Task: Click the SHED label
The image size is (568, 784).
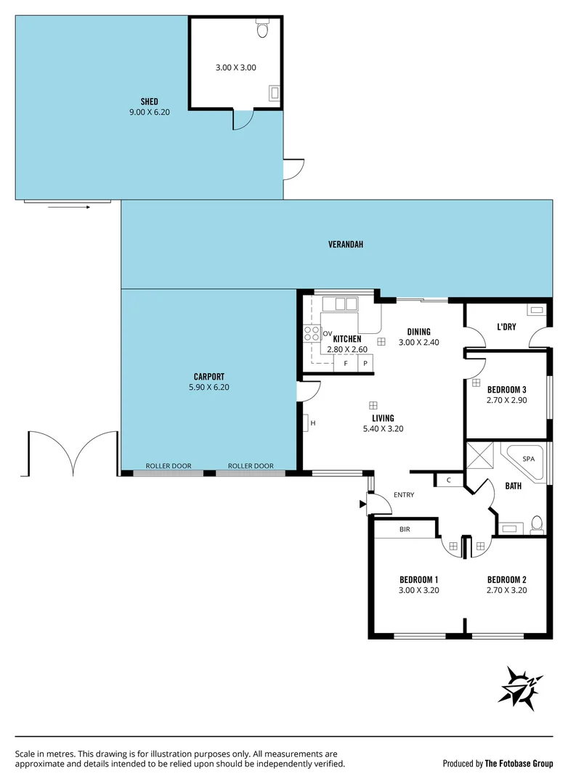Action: click(149, 102)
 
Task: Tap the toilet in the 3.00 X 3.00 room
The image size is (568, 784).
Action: click(263, 30)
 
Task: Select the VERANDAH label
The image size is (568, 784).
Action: click(345, 245)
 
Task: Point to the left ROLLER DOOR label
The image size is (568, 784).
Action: click(169, 466)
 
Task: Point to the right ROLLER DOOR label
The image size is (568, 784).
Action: click(251, 466)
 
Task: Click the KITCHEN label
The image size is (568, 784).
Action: click(346, 339)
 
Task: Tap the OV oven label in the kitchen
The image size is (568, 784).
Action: click(327, 333)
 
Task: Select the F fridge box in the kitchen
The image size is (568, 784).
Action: click(346, 362)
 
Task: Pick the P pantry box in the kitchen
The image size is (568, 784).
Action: click(365, 362)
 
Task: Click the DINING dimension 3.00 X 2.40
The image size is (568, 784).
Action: click(418, 343)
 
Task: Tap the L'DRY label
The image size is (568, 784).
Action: click(506, 327)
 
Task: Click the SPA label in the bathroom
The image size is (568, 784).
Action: click(528, 460)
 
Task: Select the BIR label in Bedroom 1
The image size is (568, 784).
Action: click(405, 530)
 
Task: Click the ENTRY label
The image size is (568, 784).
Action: click(404, 495)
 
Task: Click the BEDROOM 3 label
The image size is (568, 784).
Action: click(506, 389)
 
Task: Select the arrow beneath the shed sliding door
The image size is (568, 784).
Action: click(69, 207)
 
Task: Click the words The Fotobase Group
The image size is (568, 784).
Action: click(519, 763)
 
